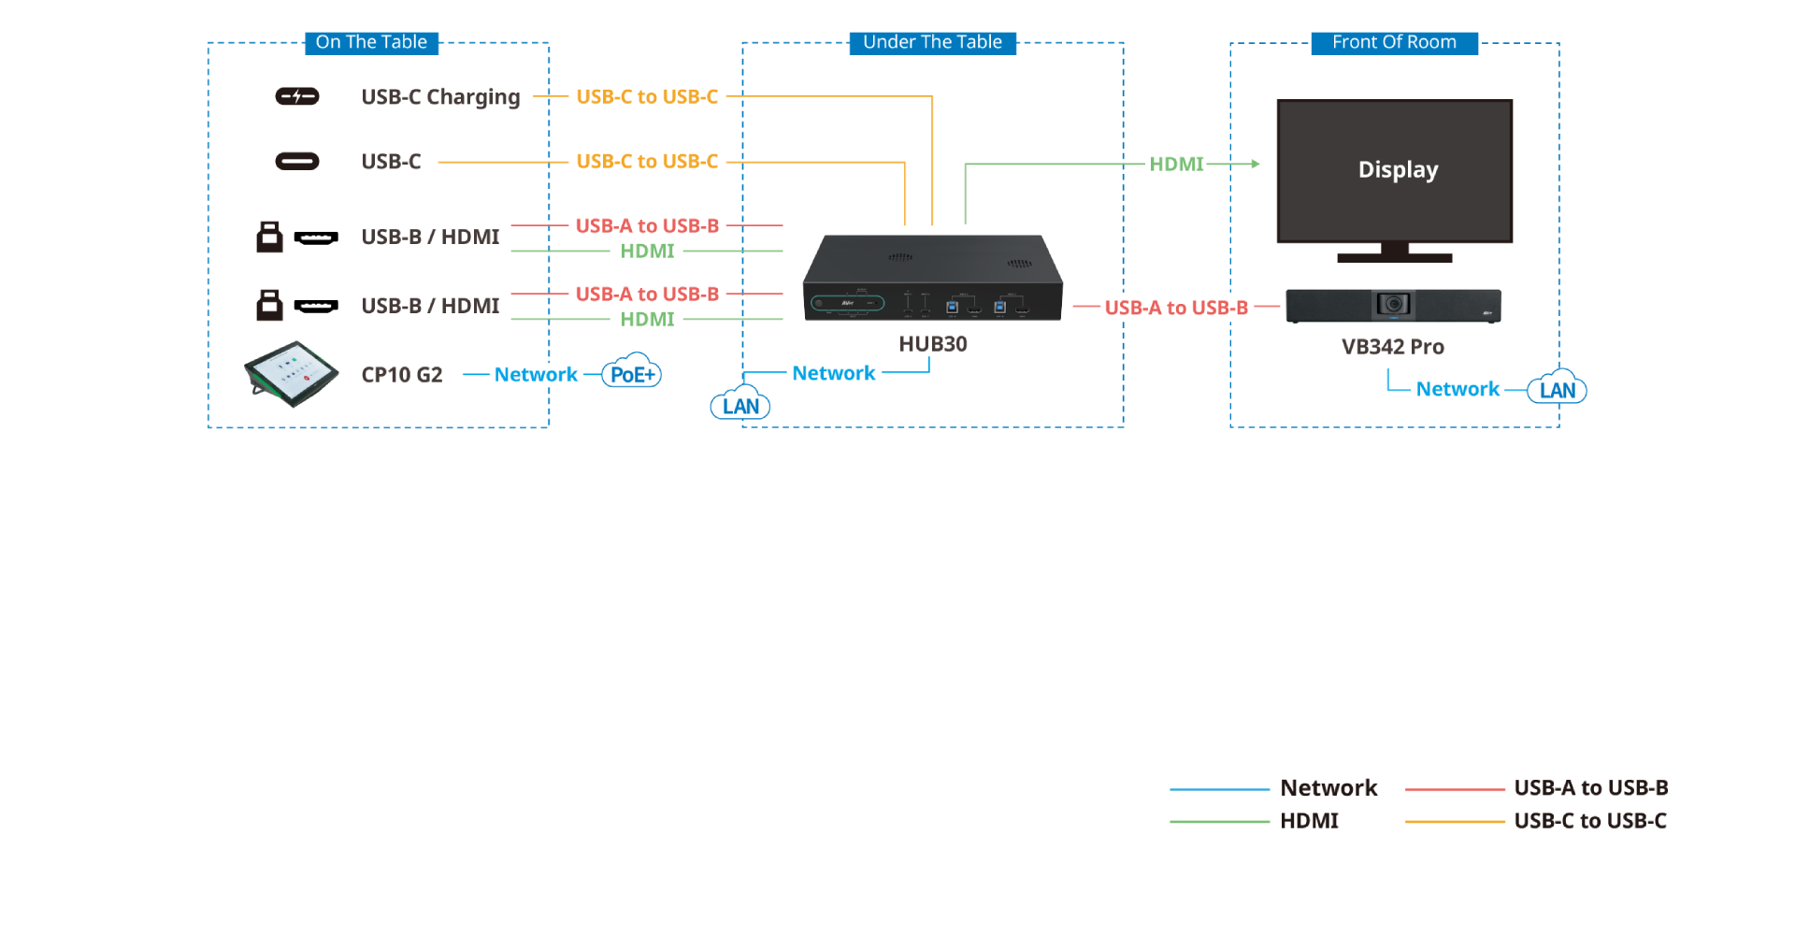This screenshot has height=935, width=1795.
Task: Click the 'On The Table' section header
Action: point(371,42)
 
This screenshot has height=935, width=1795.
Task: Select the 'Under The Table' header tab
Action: point(932,42)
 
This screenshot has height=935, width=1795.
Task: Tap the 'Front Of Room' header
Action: point(1394,42)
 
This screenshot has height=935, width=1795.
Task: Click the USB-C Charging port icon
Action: point(297,96)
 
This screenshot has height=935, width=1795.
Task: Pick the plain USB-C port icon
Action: point(297,162)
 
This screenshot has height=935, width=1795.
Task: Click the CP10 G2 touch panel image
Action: point(291,374)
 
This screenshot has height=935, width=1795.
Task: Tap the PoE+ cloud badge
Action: point(632,374)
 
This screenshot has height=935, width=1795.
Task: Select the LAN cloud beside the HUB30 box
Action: point(740,405)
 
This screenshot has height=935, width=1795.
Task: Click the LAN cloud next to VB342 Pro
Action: point(1557,389)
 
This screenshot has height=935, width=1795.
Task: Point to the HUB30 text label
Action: point(933,344)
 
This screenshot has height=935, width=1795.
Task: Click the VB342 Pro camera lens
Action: point(1393,304)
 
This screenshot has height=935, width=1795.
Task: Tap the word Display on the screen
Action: point(1398,170)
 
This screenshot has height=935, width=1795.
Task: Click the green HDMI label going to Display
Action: point(1176,164)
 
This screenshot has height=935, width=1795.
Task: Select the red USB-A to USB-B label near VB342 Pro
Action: point(1175,308)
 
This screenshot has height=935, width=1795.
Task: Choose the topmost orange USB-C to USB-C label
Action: point(647,97)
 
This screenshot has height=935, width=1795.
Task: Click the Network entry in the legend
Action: point(1328,788)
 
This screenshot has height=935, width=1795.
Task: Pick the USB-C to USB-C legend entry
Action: point(1589,821)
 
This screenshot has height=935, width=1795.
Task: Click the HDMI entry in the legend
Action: point(1309,821)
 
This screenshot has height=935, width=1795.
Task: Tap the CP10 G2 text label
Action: point(402,375)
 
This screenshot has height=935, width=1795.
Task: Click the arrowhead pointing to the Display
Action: point(1256,164)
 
